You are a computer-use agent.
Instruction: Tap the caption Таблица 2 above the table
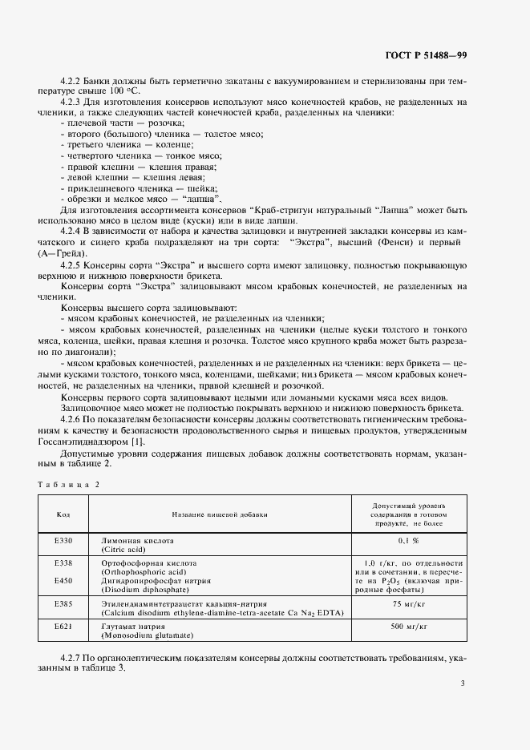pyautogui.click(x=68, y=484)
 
